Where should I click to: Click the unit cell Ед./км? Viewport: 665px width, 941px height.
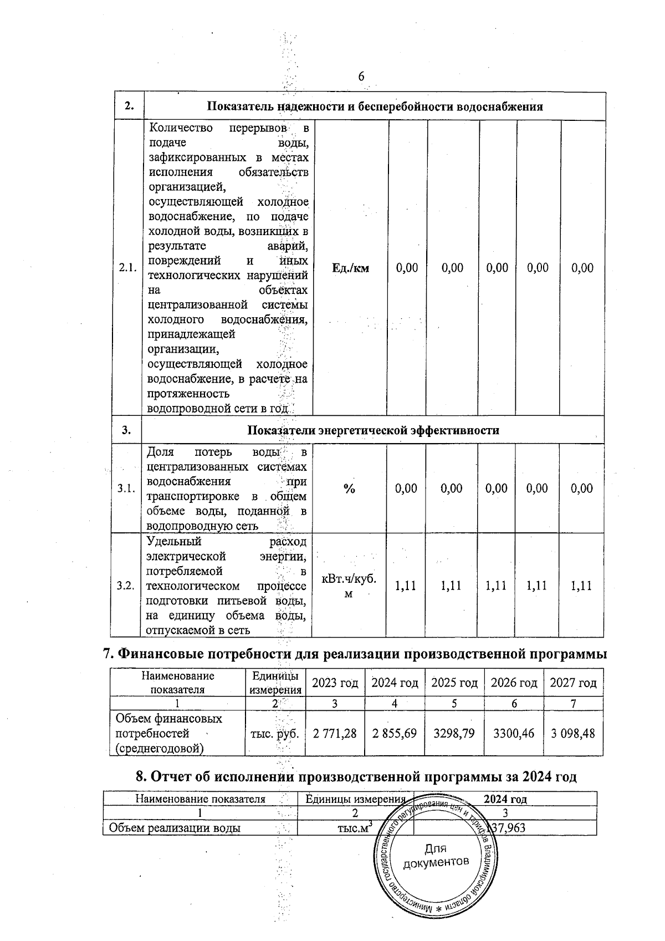coord(350,268)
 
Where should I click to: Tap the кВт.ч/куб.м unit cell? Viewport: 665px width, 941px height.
coord(349,586)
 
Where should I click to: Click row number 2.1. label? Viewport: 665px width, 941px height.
coord(128,268)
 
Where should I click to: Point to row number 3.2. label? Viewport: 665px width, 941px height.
coord(126,586)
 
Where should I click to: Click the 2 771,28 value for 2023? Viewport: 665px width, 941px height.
coord(335,734)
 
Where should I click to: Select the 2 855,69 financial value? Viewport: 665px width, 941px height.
coord(394,734)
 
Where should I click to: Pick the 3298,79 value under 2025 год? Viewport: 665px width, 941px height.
coord(454,734)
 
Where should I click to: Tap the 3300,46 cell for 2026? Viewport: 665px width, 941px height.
coord(514,734)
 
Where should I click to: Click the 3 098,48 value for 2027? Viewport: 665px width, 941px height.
coord(573,734)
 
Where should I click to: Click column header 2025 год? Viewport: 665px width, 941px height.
coord(454,683)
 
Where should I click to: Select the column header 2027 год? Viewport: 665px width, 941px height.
coord(573,683)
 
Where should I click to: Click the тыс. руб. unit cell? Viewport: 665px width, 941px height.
coord(275,734)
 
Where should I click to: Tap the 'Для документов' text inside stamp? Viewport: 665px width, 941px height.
coord(436,856)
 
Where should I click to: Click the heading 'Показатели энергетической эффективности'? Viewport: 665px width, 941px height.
coord(373,430)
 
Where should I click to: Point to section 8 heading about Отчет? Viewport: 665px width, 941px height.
coord(356,777)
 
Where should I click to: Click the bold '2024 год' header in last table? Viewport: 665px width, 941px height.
coord(505,799)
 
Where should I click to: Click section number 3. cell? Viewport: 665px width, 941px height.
coord(127,430)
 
